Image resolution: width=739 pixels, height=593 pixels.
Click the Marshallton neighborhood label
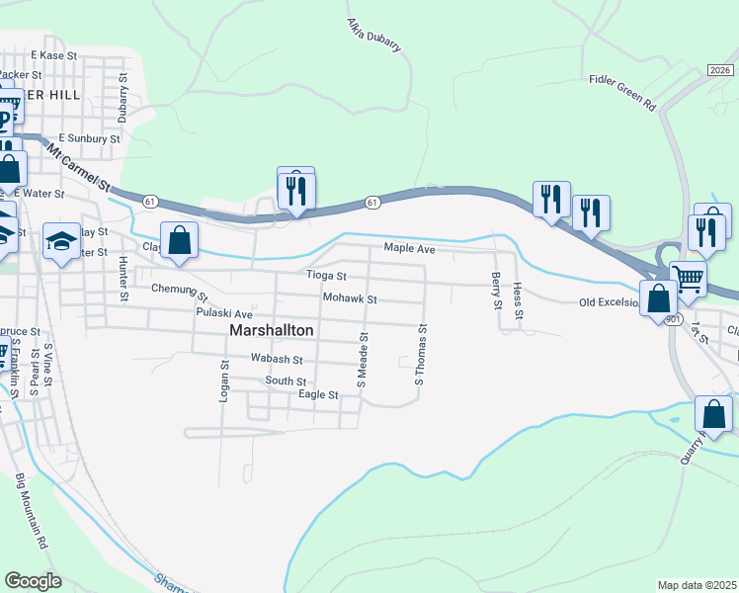(x=272, y=330)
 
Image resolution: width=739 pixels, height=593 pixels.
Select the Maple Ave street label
(x=409, y=250)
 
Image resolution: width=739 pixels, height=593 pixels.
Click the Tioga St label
(x=326, y=276)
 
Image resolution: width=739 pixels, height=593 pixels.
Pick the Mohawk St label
(x=349, y=298)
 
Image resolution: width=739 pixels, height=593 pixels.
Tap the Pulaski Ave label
(x=224, y=312)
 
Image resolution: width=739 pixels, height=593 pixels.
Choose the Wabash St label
(x=276, y=359)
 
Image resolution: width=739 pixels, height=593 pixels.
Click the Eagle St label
(x=318, y=394)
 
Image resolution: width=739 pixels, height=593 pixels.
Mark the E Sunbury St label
(x=89, y=139)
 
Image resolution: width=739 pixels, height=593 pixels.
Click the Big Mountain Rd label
(x=32, y=511)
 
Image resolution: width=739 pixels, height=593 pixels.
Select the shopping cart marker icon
(x=688, y=278)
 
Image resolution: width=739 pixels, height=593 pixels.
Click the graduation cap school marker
(x=60, y=241)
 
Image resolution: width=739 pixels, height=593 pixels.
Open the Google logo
(x=33, y=580)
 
